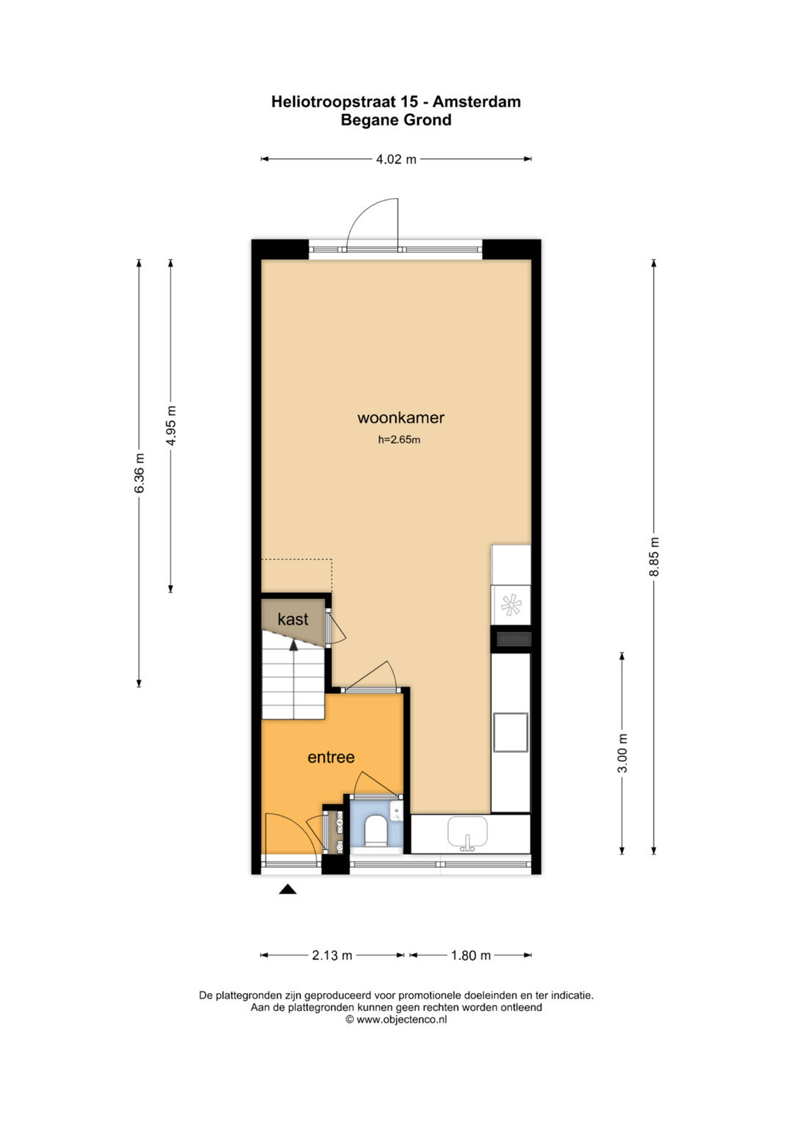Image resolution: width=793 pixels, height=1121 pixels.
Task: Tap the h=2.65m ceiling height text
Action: [x=399, y=439]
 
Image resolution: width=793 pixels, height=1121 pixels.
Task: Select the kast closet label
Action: [x=293, y=619]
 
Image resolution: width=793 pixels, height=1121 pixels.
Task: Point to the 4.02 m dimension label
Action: [x=396, y=159]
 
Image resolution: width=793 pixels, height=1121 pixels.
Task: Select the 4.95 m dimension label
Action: [x=171, y=426]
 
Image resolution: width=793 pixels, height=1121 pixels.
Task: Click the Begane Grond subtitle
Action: [x=396, y=120]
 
